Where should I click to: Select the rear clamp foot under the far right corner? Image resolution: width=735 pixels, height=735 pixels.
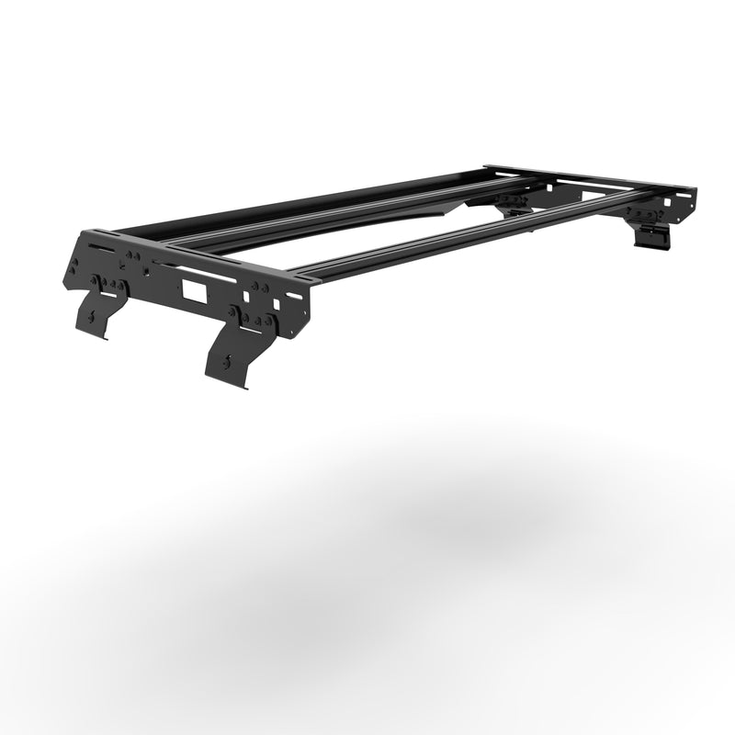[651, 237]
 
